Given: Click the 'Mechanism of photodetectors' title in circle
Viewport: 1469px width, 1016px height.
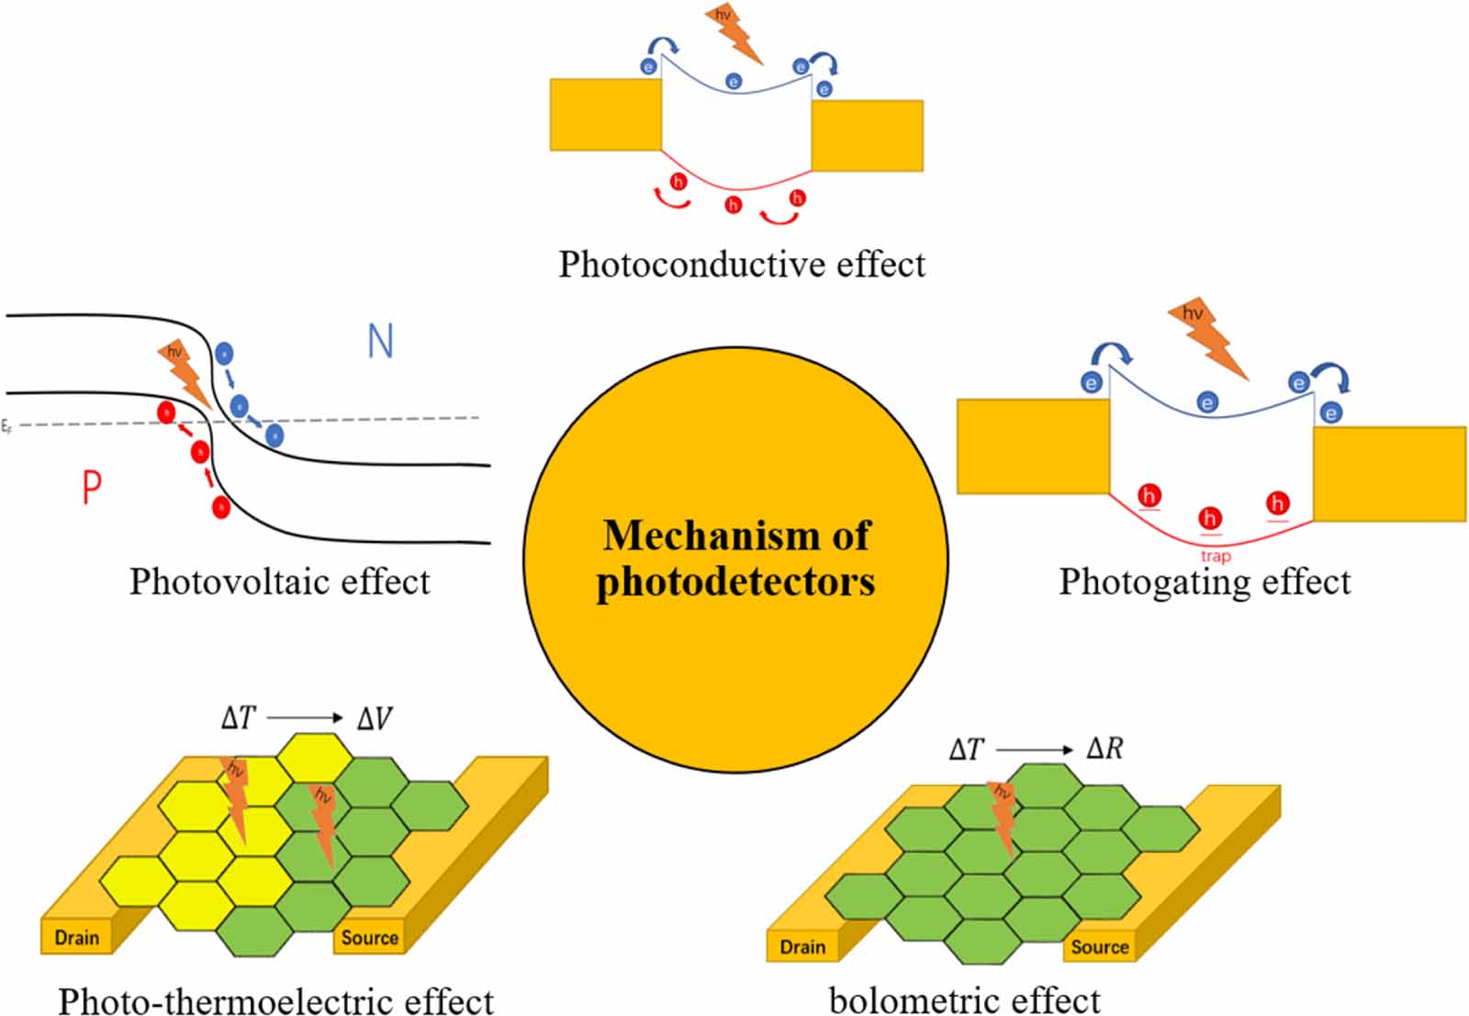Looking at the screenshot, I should tap(735, 558).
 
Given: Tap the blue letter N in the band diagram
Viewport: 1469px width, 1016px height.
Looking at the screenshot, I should tap(380, 341).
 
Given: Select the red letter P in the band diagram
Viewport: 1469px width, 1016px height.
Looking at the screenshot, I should tap(91, 487).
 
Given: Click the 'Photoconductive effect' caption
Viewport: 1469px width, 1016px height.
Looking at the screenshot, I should tap(742, 265).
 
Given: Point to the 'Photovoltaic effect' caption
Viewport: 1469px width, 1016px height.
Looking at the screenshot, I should tap(279, 581).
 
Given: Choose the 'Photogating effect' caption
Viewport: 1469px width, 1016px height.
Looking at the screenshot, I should tap(1205, 581).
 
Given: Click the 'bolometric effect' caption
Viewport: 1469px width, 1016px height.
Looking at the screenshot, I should tap(964, 999).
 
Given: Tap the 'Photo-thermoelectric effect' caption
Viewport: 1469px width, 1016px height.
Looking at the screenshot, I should tap(275, 999).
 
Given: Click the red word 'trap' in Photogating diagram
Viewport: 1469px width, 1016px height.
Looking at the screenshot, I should tap(1216, 556).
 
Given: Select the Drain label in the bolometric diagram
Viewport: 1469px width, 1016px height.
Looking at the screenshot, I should tap(802, 947).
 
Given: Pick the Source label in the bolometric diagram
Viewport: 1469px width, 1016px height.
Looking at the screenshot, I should tap(1099, 947).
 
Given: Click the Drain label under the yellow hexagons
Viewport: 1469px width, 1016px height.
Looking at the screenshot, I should tap(77, 938).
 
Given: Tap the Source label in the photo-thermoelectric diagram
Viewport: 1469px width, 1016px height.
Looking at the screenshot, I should tap(369, 938).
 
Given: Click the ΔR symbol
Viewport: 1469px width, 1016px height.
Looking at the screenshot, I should tap(1105, 749).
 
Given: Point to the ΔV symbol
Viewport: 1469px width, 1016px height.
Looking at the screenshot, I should tap(374, 718).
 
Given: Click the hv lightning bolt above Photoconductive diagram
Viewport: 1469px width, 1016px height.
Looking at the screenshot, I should tap(734, 33).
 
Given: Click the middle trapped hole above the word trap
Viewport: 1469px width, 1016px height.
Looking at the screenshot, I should tap(1210, 518).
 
